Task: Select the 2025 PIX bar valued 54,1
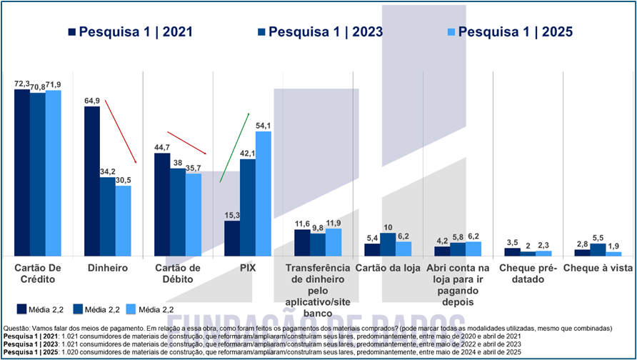(264, 194)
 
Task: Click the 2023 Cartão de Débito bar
(178, 212)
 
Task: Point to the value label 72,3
(22, 84)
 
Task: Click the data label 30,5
(124, 180)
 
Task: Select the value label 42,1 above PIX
(248, 153)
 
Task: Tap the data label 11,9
(333, 223)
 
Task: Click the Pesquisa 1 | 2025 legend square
(451, 32)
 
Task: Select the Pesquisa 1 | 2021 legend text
(135, 32)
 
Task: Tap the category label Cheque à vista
(598, 268)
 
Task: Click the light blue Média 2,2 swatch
(131, 309)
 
